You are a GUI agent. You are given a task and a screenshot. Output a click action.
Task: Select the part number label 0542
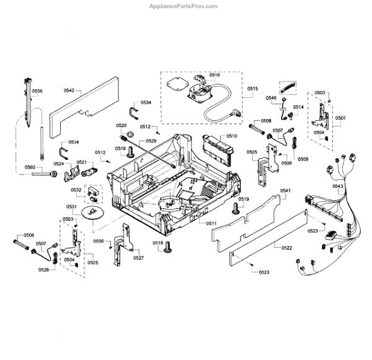pos(69,90)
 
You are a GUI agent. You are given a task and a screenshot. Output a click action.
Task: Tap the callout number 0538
pos(37,91)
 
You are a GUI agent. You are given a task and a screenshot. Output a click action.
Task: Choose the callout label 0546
pos(272,98)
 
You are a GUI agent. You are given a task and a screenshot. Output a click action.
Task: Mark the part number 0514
pos(298,107)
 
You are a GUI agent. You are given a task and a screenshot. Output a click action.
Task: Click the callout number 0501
pos(340,117)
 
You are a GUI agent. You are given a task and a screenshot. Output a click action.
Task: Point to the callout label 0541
pos(285,191)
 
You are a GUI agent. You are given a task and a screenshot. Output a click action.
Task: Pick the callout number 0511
pos(211,222)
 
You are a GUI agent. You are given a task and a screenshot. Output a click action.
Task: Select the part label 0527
pos(138,257)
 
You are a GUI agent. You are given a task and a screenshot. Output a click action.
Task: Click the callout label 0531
pos(72,206)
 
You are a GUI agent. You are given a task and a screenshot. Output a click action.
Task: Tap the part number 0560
pos(30,167)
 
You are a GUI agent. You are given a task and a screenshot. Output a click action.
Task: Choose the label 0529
pos(151,141)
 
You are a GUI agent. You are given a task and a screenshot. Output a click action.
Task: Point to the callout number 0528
pos(43,270)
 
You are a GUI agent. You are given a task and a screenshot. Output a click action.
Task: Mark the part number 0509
pos(303,159)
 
